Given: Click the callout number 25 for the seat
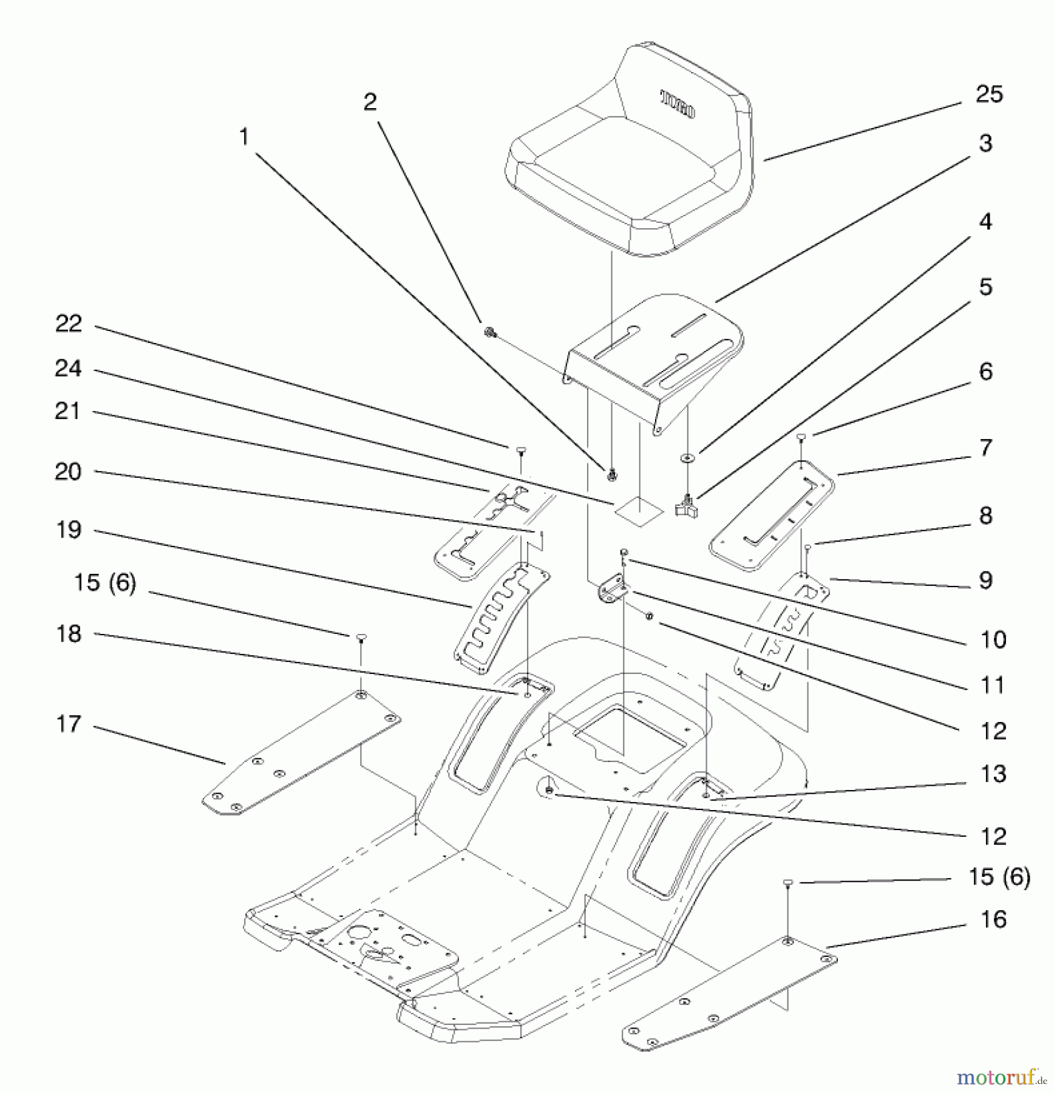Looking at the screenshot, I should (x=989, y=94).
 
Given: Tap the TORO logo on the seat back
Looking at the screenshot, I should (x=678, y=104).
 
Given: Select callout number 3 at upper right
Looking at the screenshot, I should (x=985, y=143).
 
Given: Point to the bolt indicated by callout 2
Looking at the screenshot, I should (x=489, y=332).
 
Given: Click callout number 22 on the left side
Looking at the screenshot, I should (x=68, y=324).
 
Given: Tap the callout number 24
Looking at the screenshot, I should (x=68, y=369).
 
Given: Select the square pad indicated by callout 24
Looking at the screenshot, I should (x=638, y=511).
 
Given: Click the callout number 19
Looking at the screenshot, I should (x=68, y=530).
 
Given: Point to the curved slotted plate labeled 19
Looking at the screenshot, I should (x=501, y=616).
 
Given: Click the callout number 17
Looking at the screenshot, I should (x=68, y=724).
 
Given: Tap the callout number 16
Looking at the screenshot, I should (x=993, y=919).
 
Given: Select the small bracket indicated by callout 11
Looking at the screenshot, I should (x=613, y=590).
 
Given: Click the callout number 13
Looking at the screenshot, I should (x=993, y=774).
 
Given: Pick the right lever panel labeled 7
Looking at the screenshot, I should (x=771, y=516).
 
